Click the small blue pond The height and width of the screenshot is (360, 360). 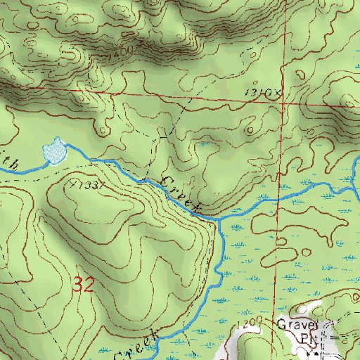[54, 150]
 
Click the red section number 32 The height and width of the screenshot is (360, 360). [84, 285]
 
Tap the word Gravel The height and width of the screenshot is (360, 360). [297, 326]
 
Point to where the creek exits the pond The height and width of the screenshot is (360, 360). [66, 150]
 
